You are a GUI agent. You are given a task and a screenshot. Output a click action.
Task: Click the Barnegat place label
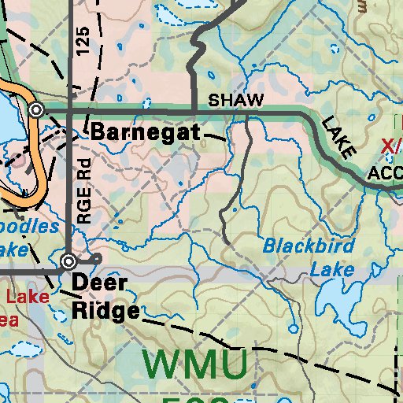click(x=146, y=131)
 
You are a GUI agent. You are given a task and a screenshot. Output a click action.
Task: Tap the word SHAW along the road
click(x=235, y=101)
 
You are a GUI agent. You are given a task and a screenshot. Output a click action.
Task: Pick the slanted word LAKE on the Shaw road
click(x=338, y=135)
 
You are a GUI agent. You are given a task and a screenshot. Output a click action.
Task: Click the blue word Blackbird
click(x=309, y=245)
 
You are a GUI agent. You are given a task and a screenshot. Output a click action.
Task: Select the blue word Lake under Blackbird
click(x=331, y=270)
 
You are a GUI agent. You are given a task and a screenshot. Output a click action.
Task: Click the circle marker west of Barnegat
click(x=35, y=110)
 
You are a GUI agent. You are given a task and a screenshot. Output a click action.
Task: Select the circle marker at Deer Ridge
click(x=69, y=261)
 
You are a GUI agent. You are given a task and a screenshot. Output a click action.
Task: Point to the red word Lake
click(x=28, y=297)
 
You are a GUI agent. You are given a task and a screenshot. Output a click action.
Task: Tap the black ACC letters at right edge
click(x=385, y=172)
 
